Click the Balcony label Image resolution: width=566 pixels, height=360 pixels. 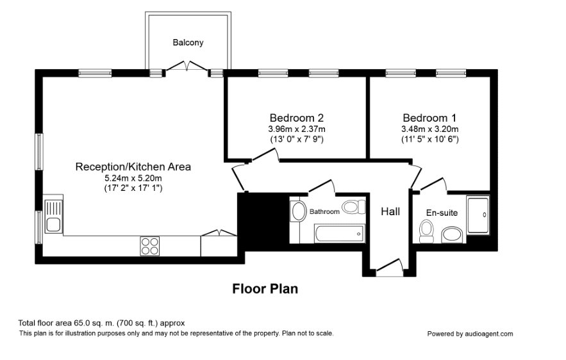click(x=188, y=42)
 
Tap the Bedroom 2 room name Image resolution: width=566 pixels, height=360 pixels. click(x=296, y=118)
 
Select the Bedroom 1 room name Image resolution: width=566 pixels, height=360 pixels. click(x=429, y=118)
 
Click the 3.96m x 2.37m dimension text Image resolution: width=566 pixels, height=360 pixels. click(x=296, y=129)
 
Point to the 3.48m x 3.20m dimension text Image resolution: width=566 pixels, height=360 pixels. click(x=430, y=129)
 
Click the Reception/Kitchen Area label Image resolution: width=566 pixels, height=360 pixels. click(x=133, y=167)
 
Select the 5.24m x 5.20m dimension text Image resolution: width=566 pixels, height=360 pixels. click(x=133, y=178)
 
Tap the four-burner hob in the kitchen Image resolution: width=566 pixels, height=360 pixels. click(x=150, y=246)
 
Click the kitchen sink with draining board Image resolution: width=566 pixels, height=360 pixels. click(x=53, y=216)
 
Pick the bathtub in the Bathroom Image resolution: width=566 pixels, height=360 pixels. click(x=339, y=233)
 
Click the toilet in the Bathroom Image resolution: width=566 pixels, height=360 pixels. click(x=354, y=207)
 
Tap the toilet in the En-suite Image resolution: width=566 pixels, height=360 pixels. click(x=427, y=231)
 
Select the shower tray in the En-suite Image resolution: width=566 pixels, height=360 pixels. click(x=478, y=215)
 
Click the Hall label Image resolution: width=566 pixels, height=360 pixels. click(x=390, y=211)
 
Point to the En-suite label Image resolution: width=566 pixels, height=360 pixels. click(x=442, y=213)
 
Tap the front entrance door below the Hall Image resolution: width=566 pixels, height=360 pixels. click(x=390, y=267)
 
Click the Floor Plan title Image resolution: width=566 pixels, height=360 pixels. click(x=265, y=289)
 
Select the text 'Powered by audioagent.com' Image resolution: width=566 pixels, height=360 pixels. click(x=470, y=334)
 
